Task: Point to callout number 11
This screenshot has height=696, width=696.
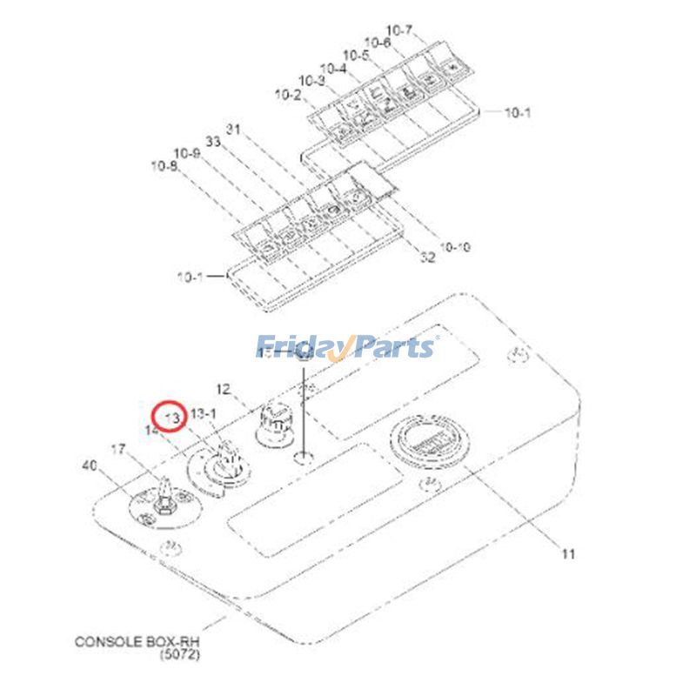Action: (568, 553)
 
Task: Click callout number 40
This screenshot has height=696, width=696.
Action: (89, 466)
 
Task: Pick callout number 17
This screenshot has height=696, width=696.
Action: (118, 450)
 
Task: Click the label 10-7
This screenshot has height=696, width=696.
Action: (398, 30)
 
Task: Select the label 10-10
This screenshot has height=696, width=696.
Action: (454, 247)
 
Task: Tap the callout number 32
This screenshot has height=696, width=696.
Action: (427, 258)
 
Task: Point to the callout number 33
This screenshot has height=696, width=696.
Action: (212, 141)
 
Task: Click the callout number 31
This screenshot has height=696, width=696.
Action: (232, 130)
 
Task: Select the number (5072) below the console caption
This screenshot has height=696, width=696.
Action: (178, 655)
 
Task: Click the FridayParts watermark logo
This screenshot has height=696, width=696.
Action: (345, 348)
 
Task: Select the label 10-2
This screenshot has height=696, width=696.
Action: (287, 94)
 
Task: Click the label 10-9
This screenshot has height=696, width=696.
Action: (186, 153)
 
